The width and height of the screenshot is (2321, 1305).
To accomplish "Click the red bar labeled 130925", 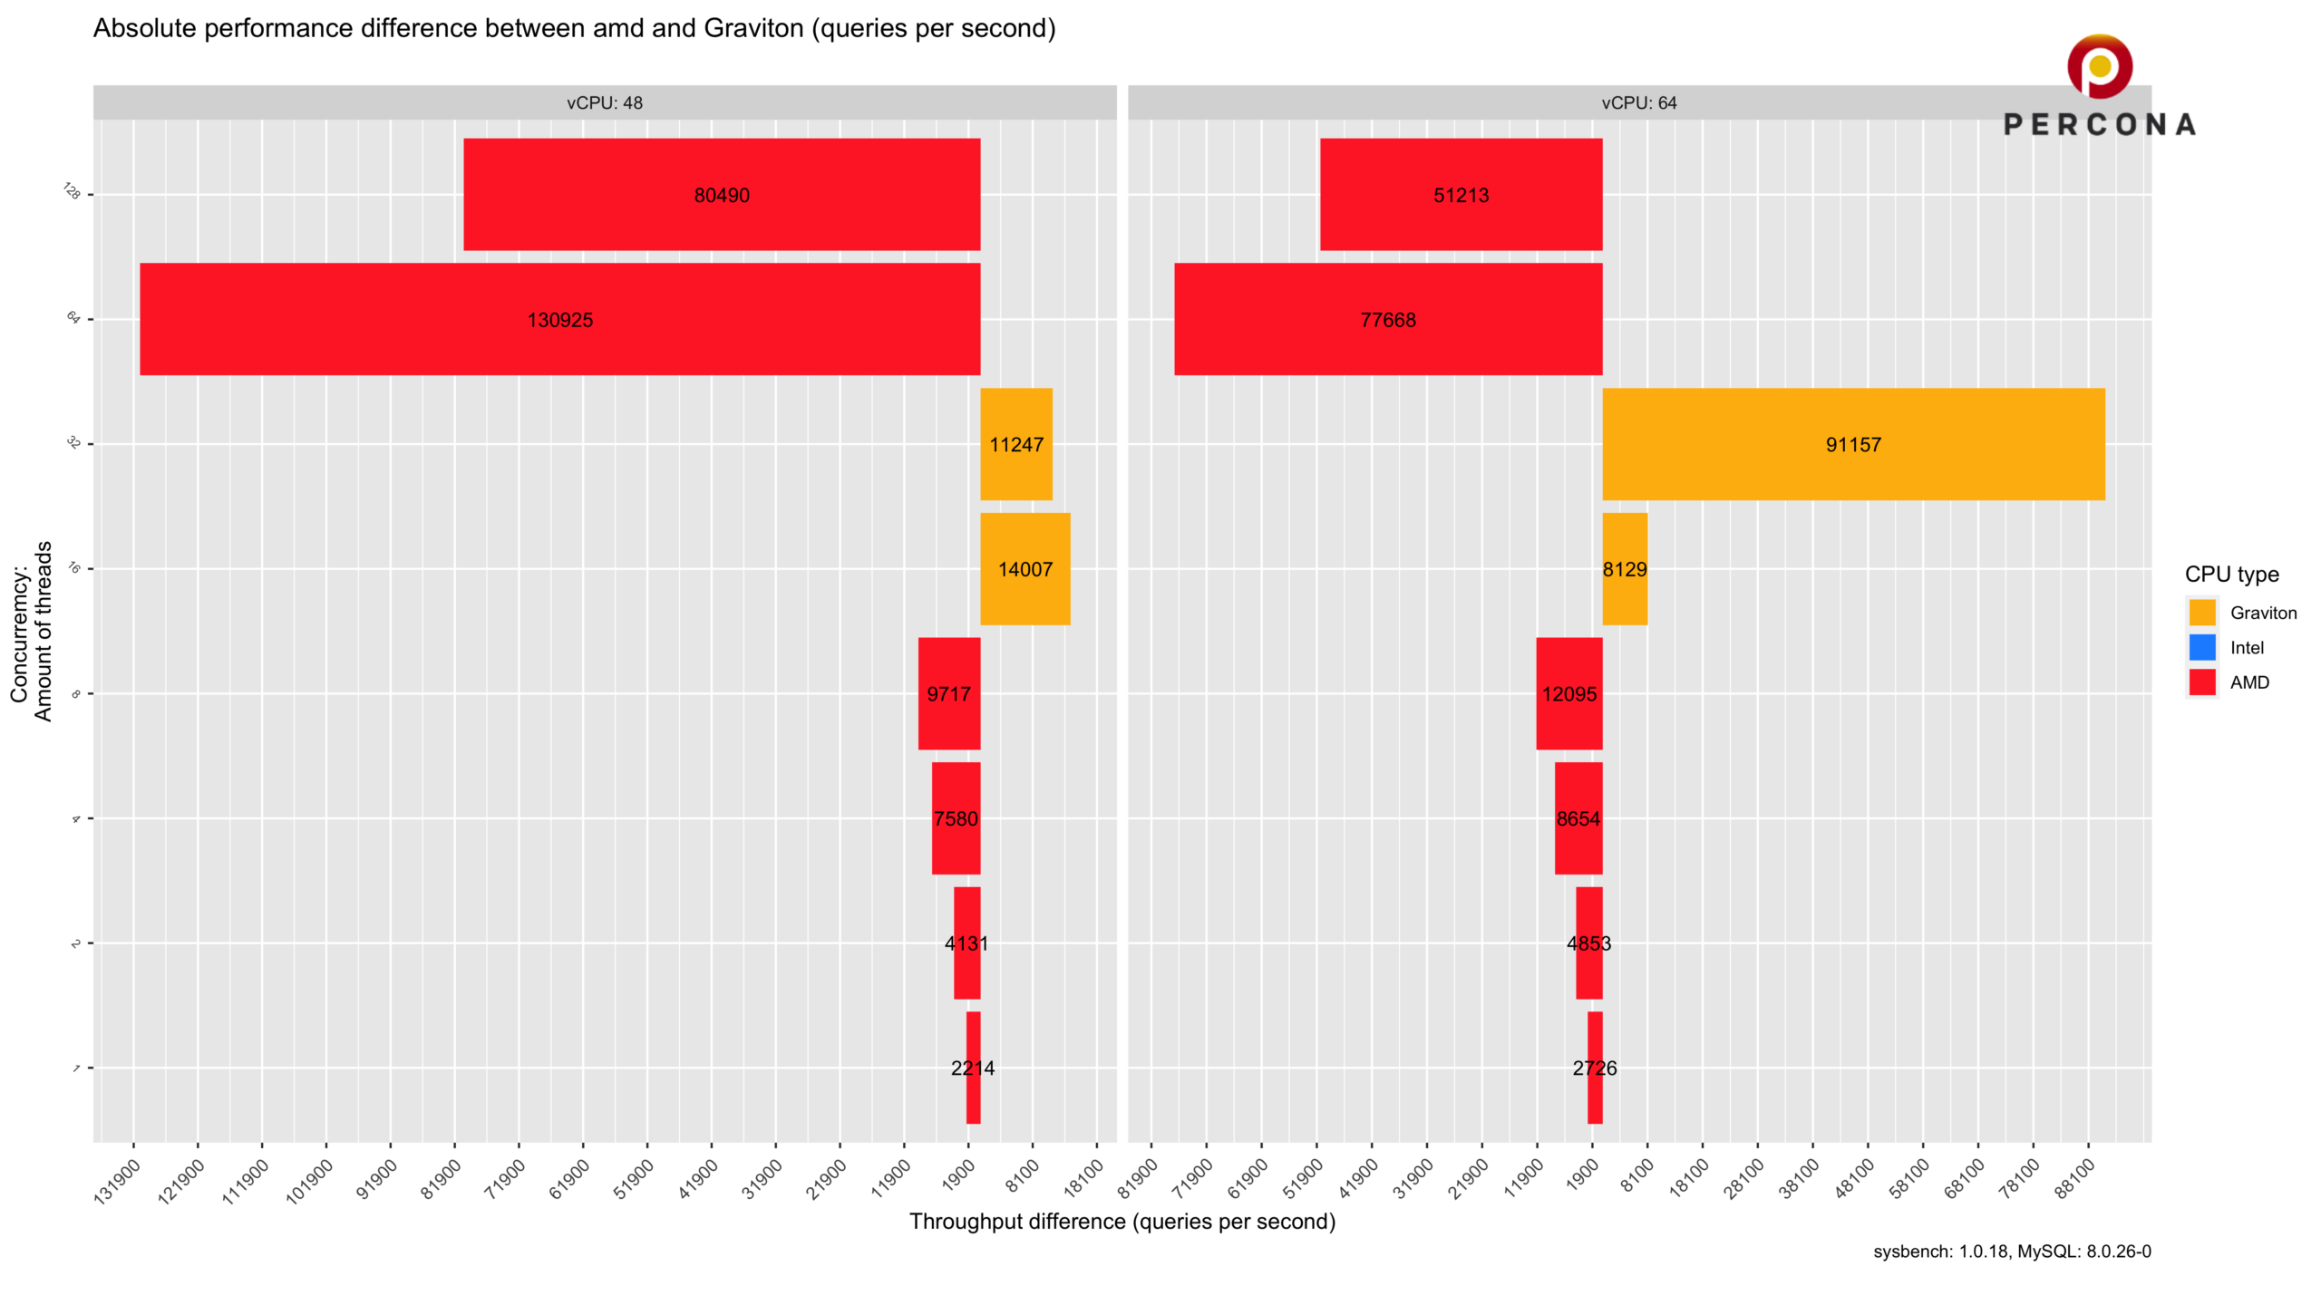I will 559,319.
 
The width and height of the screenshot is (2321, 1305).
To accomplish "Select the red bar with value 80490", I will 722,194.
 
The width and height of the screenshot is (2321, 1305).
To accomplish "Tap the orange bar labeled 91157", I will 1853,444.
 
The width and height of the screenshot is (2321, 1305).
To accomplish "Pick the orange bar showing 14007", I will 1025,569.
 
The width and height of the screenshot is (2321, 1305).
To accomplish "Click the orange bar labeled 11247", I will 1016,444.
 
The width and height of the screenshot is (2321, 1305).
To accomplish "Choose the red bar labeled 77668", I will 1388,319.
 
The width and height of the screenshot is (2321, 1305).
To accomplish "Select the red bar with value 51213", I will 1461,194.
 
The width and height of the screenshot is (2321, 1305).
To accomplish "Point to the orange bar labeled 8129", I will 1625,569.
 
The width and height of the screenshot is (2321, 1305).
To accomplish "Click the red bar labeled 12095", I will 1569,694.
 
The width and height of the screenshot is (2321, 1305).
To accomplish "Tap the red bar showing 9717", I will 949,694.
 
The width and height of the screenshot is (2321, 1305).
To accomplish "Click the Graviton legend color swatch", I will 2202,613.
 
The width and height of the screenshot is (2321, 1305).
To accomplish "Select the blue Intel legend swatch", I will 2202,647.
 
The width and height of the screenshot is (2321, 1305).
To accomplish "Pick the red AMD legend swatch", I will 2202,682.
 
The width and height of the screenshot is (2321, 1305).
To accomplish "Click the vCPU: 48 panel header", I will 605,102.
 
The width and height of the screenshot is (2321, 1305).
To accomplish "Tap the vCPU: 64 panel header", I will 1639,102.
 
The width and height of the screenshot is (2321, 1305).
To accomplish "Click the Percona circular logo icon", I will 2100,66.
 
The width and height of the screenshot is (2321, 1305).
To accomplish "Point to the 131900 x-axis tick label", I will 118,1181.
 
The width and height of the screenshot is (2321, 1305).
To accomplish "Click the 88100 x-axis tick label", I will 2074,1179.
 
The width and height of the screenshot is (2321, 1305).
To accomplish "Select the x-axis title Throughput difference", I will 1122,1222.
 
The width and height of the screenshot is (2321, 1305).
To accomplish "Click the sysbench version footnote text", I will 2012,1252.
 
